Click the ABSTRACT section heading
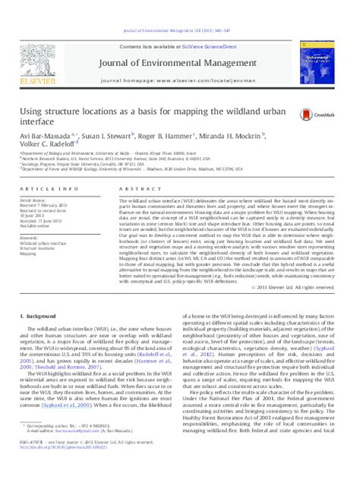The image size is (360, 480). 133,187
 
